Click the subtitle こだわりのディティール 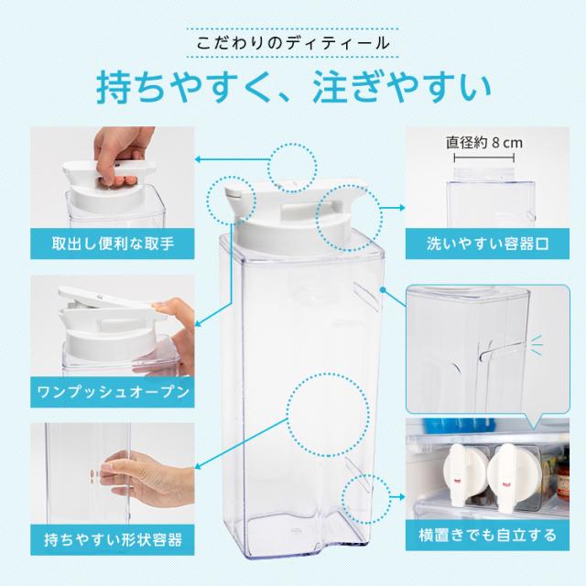(293, 43)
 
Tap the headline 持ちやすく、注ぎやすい (294, 87)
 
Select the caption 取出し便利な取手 (113, 244)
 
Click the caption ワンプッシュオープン (113, 392)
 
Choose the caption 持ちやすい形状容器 (113, 539)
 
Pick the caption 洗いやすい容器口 (488, 244)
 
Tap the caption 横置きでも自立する (488, 535)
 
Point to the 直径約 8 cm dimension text (484, 143)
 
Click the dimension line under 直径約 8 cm (484, 158)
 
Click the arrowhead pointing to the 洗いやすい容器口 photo (402, 208)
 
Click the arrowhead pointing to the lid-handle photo (198, 159)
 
